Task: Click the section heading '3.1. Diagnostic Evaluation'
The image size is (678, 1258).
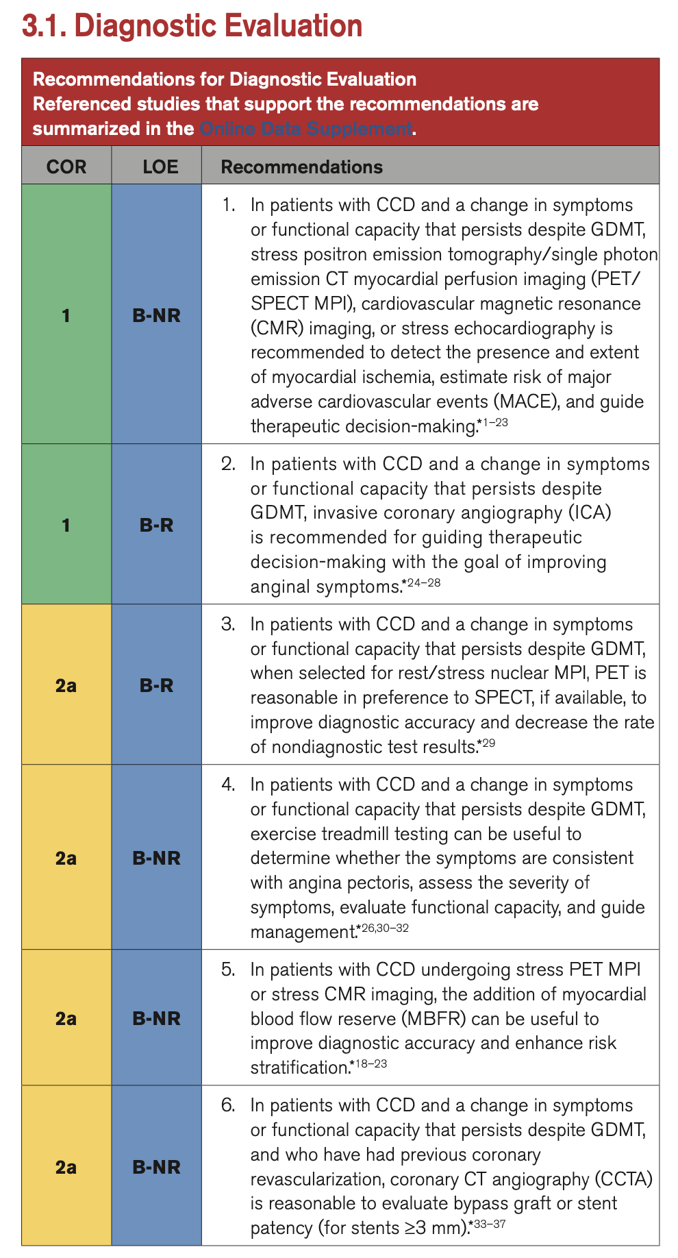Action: click(192, 26)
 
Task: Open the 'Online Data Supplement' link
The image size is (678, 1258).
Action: click(306, 129)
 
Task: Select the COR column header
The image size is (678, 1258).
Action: click(66, 166)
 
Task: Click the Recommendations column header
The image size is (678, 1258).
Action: click(301, 166)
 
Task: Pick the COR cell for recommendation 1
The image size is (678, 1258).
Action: click(66, 315)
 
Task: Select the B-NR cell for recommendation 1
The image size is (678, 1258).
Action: click(156, 315)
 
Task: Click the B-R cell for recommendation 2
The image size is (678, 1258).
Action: click(156, 525)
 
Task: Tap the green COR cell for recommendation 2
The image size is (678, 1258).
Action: click(66, 525)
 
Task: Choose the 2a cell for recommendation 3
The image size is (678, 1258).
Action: click(66, 685)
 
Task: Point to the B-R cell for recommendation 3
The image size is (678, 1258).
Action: click(156, 685)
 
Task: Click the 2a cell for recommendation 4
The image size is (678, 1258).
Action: click(66, 858)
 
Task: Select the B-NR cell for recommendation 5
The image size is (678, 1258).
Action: click(156, 1018)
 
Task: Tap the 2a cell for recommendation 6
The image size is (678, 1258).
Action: click(66, 1167)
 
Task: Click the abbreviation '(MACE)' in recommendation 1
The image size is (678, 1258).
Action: click(527, 402)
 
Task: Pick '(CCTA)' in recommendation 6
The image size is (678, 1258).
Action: click(623, 1179)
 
